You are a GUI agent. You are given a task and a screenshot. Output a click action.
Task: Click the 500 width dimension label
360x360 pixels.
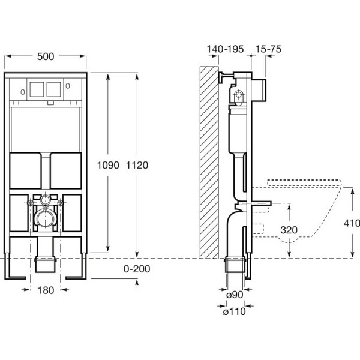point(46,56)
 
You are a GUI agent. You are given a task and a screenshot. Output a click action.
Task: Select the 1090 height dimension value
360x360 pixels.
point(108,165)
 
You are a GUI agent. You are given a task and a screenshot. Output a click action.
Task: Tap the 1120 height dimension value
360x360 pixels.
point(137,165)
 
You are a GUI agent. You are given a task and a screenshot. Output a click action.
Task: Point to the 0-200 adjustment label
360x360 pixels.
point(137,269)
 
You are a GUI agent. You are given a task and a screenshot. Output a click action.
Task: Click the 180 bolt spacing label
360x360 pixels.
point(46,290)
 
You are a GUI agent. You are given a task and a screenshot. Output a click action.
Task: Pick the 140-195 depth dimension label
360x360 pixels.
point(225,49)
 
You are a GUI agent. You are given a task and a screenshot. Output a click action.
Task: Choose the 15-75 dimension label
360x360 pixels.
point(268,49)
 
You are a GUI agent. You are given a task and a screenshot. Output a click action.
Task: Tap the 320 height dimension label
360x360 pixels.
point(289,230)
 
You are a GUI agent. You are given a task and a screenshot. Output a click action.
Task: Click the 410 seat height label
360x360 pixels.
point(352,223)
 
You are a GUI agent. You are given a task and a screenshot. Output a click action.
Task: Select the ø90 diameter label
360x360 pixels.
point(235,295)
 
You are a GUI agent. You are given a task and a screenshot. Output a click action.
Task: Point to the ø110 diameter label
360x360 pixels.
point(234,311)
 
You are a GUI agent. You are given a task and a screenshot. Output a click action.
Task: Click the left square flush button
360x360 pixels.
point(37,89)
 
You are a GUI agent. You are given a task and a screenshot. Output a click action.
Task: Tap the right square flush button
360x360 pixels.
point(54,89)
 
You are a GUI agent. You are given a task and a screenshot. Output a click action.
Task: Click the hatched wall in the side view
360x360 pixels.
point(209,163)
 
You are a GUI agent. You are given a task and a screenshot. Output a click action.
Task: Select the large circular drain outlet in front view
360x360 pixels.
point(45,218)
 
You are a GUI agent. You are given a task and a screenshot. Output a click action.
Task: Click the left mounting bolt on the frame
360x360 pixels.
point(31,203)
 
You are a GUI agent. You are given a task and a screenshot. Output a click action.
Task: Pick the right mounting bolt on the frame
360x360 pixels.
point(61,203)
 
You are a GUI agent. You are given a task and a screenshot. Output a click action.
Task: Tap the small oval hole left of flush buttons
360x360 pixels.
point(23,92)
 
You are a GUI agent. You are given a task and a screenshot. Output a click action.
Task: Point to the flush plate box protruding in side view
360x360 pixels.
point(259,91)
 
